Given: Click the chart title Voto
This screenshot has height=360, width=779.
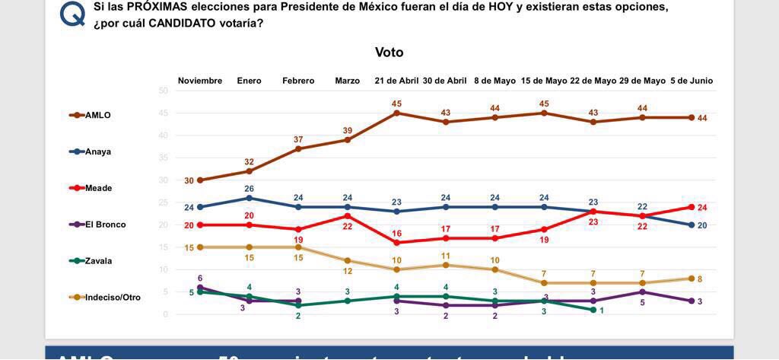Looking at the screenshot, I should (389, 53).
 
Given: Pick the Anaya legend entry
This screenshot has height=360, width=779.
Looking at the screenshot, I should (97, 151).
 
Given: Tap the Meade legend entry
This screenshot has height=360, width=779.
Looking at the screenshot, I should (98, 188).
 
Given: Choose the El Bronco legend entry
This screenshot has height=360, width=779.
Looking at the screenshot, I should (105, 225).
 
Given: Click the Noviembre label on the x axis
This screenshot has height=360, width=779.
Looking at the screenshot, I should (200, 81).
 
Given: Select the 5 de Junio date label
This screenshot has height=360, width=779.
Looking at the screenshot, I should (692, 81).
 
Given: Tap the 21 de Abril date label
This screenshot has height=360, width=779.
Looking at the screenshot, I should (396, 81).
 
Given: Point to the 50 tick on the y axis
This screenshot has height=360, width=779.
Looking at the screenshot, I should (163, 91).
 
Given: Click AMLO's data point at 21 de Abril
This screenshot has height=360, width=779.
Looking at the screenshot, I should (397, 113).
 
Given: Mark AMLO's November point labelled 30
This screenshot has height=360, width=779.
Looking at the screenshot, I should (200, 180).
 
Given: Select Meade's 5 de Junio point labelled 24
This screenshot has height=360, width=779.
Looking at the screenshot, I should (692, 207).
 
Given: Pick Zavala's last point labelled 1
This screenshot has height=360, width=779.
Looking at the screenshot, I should (593, 310).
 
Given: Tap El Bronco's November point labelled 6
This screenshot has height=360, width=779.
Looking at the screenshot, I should (200, 288).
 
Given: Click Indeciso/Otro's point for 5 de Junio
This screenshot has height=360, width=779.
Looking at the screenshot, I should (692, 279).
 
